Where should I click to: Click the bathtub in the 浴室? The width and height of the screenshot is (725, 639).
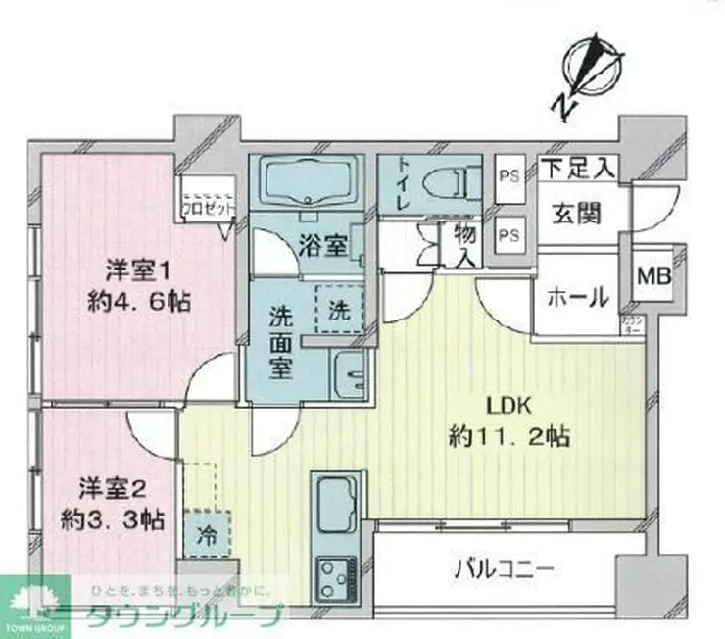pos(306,182)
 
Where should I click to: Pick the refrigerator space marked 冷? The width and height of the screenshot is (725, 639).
pos(208,538)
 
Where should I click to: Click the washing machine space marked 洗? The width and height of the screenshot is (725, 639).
pos(337,311)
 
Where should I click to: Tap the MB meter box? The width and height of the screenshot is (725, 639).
pos(654,278)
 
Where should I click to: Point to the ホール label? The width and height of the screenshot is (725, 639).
pos(578,297)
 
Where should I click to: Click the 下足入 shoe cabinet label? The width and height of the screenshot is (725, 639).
pos(577,169)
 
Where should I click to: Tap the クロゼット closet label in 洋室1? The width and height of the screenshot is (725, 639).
pos(207,207)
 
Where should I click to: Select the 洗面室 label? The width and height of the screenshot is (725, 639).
pos(280,342)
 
